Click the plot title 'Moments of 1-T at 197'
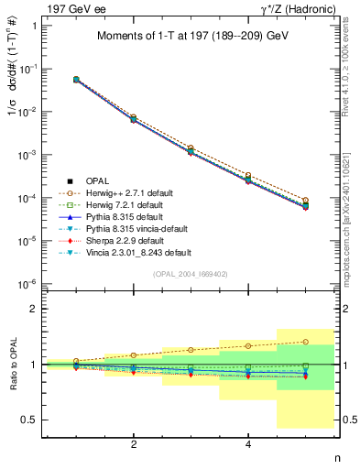click(x=191, y=38)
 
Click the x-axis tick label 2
click(x=134, y=444)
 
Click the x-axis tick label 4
click(x=248, y=444)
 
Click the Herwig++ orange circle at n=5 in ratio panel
click(x=305, y=342)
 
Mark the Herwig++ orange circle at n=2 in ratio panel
click(x=134, y=355)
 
